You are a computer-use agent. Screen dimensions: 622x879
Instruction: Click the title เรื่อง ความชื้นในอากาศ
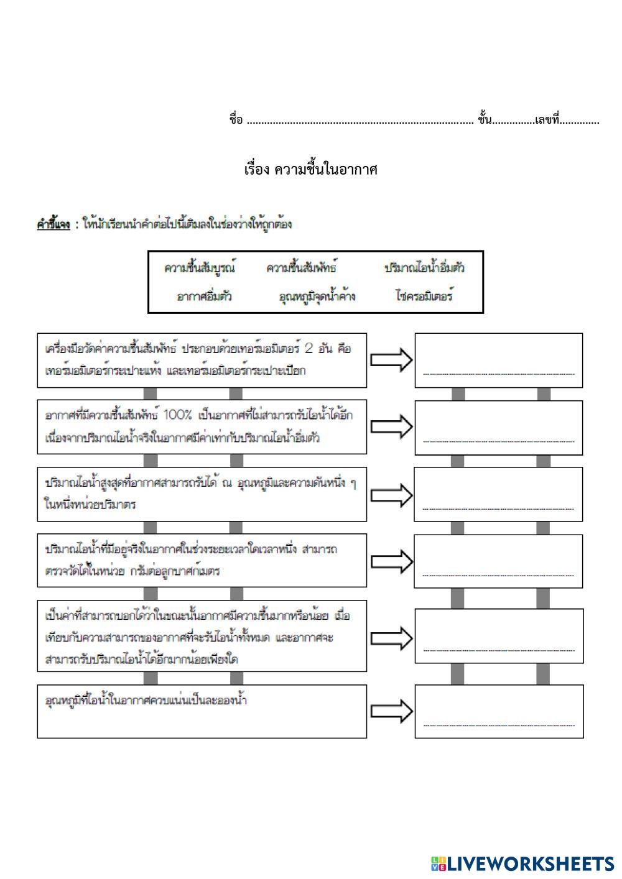(x=311, y=169)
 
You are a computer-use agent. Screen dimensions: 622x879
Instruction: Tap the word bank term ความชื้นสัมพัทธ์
(x=302, y=268)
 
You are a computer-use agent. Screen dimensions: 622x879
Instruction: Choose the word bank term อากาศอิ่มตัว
(x=204, y=297)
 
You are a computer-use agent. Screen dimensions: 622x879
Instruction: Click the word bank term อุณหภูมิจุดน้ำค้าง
(x=317, y=297)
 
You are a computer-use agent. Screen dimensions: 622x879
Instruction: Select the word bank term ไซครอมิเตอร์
(x=424, y=297)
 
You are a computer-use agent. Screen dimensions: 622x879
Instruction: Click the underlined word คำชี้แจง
(x=53, y=224)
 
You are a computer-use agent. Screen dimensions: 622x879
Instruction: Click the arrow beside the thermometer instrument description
(x=391, y=360)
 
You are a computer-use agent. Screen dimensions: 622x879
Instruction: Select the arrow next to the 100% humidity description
(x=391, y=426)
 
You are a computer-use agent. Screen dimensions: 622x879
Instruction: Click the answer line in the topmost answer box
(x=498, y=374)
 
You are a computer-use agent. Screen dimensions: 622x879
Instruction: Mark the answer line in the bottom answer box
(x=498, y=725)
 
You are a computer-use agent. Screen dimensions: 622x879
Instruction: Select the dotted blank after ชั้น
(x=513, y=121)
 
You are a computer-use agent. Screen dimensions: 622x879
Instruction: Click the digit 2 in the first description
(x=309, y=348)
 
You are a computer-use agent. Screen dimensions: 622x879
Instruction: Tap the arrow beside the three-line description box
(x=391, y=637)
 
